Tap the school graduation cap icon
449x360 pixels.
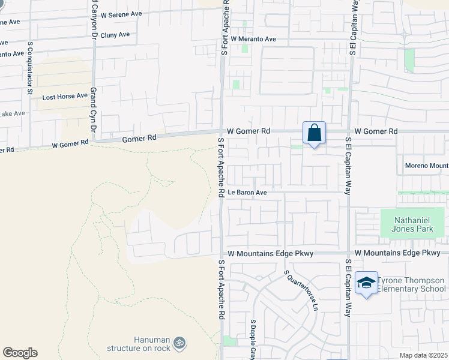coord(366,283)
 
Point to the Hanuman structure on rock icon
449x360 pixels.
coord(179,343)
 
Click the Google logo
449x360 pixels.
coord(20,353)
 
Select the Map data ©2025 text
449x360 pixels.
coord(423,355)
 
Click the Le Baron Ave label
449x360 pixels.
coord(247,193)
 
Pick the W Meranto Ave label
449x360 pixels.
coord(253,39)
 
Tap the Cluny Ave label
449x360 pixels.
coord(115,35)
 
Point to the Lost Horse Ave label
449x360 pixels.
coord(65,96)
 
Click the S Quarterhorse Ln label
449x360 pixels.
coord(301,290)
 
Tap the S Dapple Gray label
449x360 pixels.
coord(253,339)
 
